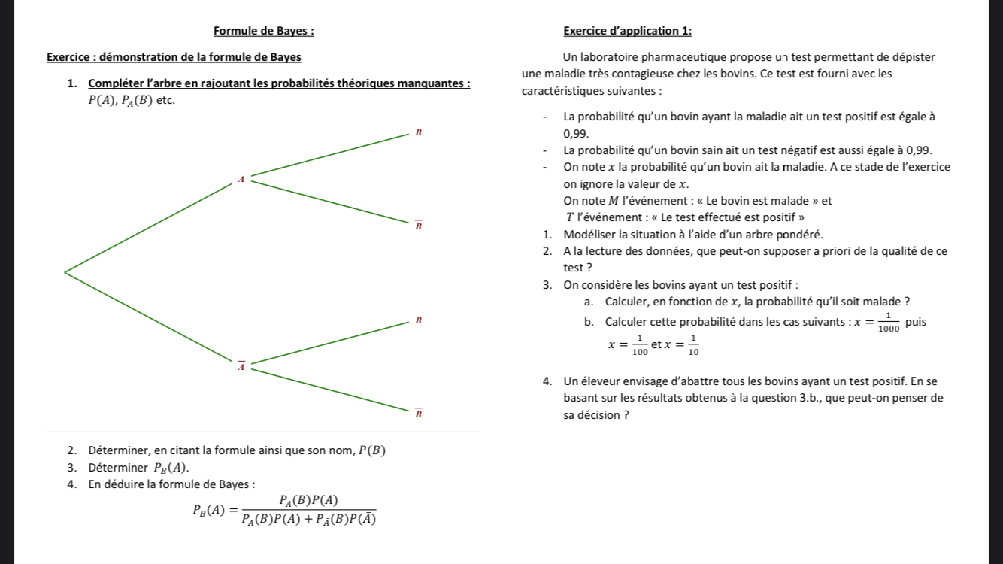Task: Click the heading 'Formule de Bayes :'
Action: click(x=264, y=31)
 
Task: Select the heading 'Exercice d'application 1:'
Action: click(x=628, y=31)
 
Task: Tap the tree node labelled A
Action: click(x=241, y=179)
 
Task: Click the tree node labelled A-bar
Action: click(x=241, y=366)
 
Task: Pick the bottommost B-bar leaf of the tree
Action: click(x=419, y=413)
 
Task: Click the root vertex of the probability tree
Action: click(x=65, y=271)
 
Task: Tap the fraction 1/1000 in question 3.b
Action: click(x=888, y=322)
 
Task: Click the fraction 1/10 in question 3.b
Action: click(x=692, y=344)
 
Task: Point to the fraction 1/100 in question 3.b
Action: click(x=639, y=344)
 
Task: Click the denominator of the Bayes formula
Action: click(x=308, y=518)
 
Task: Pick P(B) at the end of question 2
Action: click(x=372, y=451)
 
